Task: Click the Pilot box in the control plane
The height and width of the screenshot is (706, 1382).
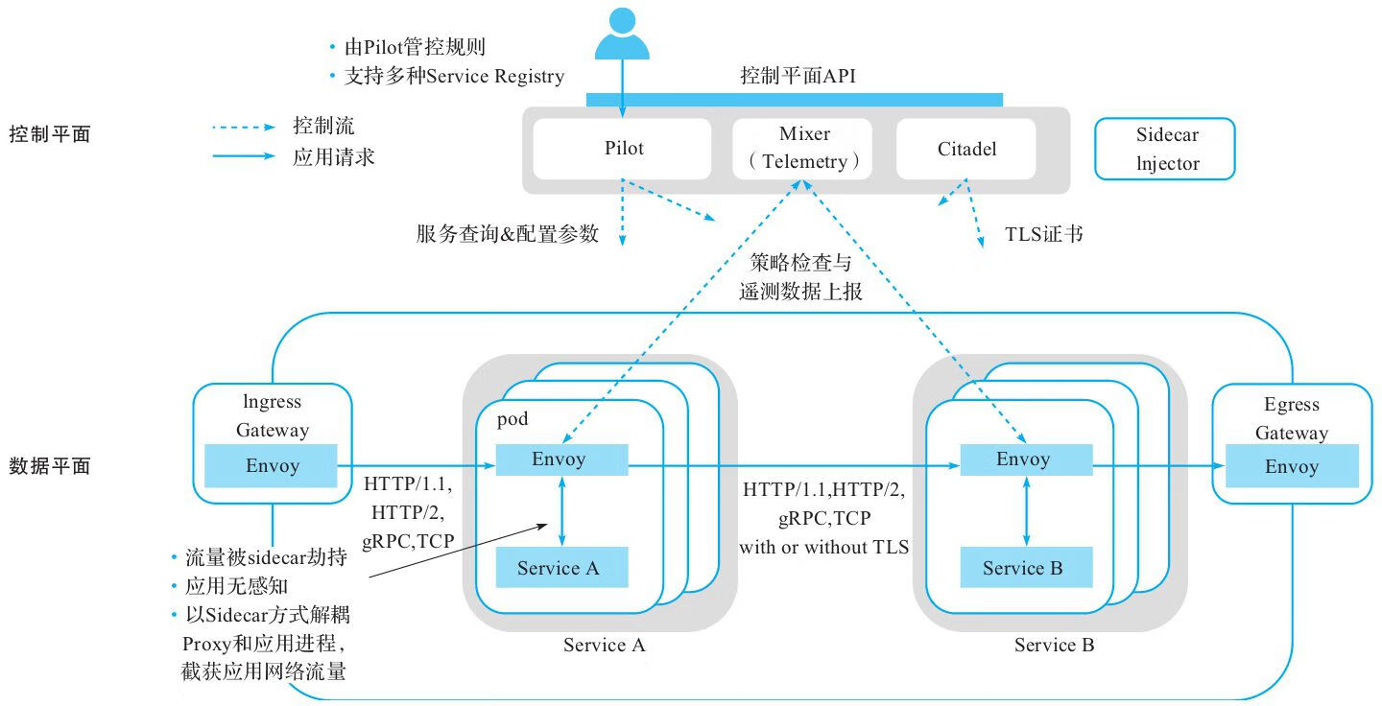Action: tap(624, 149)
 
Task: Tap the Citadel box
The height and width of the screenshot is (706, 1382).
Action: tap(966, 149)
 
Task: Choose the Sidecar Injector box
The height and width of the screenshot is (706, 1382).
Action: tap(1165, 150)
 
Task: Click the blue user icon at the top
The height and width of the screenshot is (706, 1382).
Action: tap(622, 35)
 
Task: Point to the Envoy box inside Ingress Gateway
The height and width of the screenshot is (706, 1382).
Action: tap(273, 466)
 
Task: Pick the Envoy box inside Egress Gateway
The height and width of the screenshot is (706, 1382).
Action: tap(1291, 466)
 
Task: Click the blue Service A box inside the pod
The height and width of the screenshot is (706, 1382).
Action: tap(561, 567)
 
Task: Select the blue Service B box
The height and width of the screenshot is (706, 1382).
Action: tap(1026, 568)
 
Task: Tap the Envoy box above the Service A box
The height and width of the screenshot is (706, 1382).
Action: tap(561, 459)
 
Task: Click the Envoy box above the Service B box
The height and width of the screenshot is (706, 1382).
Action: tap(1026, 459)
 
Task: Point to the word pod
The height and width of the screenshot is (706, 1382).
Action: tap(512, 420)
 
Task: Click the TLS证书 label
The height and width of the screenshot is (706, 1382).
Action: tap(1044, 233)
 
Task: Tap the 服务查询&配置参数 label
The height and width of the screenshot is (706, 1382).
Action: tap(508, 233)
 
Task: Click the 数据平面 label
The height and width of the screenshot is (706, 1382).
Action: tap(49, 466)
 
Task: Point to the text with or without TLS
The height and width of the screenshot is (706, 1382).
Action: tap(822, 548)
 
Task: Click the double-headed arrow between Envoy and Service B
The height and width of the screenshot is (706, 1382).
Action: tap(1027, 513)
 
